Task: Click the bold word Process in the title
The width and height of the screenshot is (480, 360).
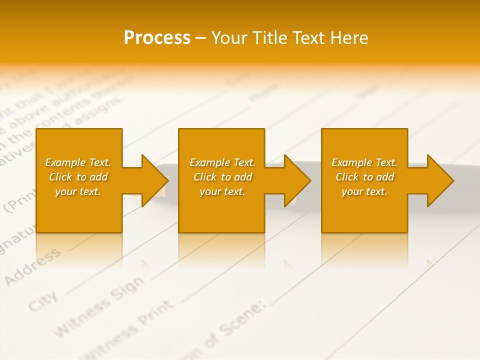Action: pyautogui.click(x=157, y=38)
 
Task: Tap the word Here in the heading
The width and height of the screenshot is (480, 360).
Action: pyautogui.click(x=350, y=38)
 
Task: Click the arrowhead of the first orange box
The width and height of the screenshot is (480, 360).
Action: pyautogui.click(x=154, y=180)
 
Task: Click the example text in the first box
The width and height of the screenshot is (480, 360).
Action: pyautogui.click(x=78, y=177)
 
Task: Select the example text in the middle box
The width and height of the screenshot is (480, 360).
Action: pyautogui.click(x=222, y=177)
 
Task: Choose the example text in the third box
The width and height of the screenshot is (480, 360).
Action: pyautogui.click(x=364, y=177)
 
